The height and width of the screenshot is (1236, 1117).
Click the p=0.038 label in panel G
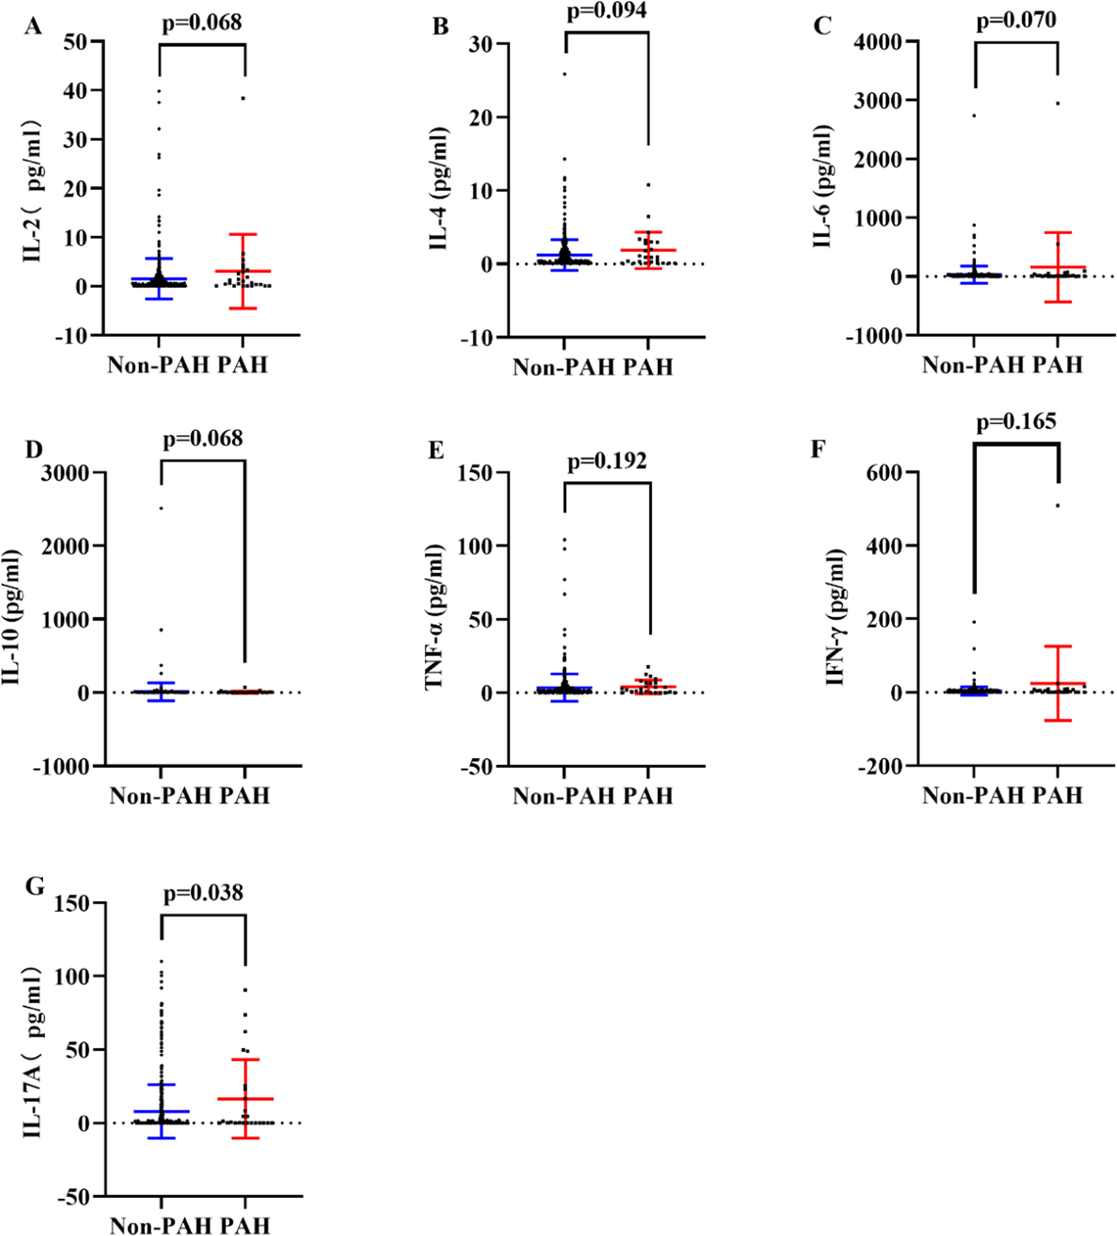(203, 893)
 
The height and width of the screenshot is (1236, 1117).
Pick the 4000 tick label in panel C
(879, 42)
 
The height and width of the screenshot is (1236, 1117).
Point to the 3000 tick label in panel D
(65, 473)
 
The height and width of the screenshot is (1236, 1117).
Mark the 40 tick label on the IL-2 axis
(75, 91)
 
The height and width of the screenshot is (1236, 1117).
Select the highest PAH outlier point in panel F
(1057, 505)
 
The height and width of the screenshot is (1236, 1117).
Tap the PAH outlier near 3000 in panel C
(1057, 103)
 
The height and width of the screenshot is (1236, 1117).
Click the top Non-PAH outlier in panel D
(161, 507)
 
